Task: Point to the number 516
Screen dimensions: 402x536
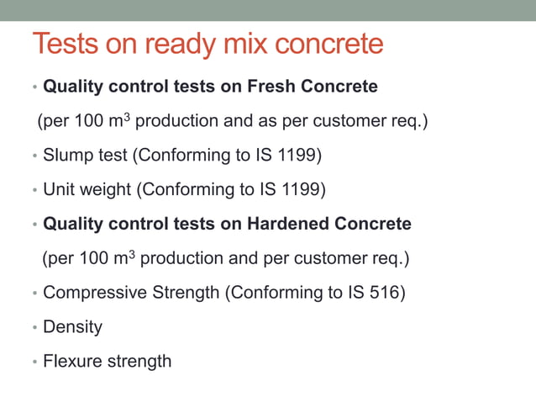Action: [388, 293]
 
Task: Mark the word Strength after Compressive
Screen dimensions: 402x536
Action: [181, 293]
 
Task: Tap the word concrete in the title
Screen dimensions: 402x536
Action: [334, 44]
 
